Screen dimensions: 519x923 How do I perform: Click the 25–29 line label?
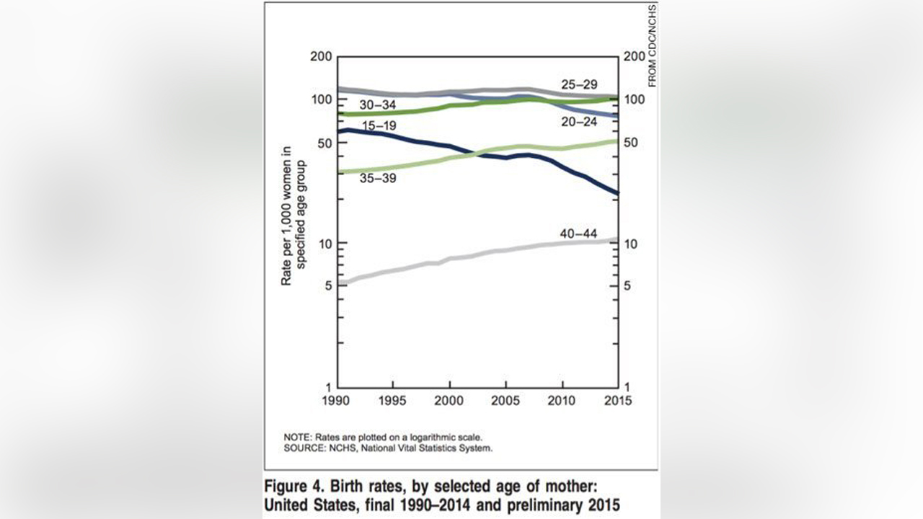[x=579, y=85]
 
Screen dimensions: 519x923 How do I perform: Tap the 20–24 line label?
[x=579, y=123]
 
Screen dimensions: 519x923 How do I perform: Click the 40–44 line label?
[x=578, y=233]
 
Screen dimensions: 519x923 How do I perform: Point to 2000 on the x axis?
[x=450, y=401]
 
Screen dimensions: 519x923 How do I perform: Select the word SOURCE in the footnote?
[x=303, y=448]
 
